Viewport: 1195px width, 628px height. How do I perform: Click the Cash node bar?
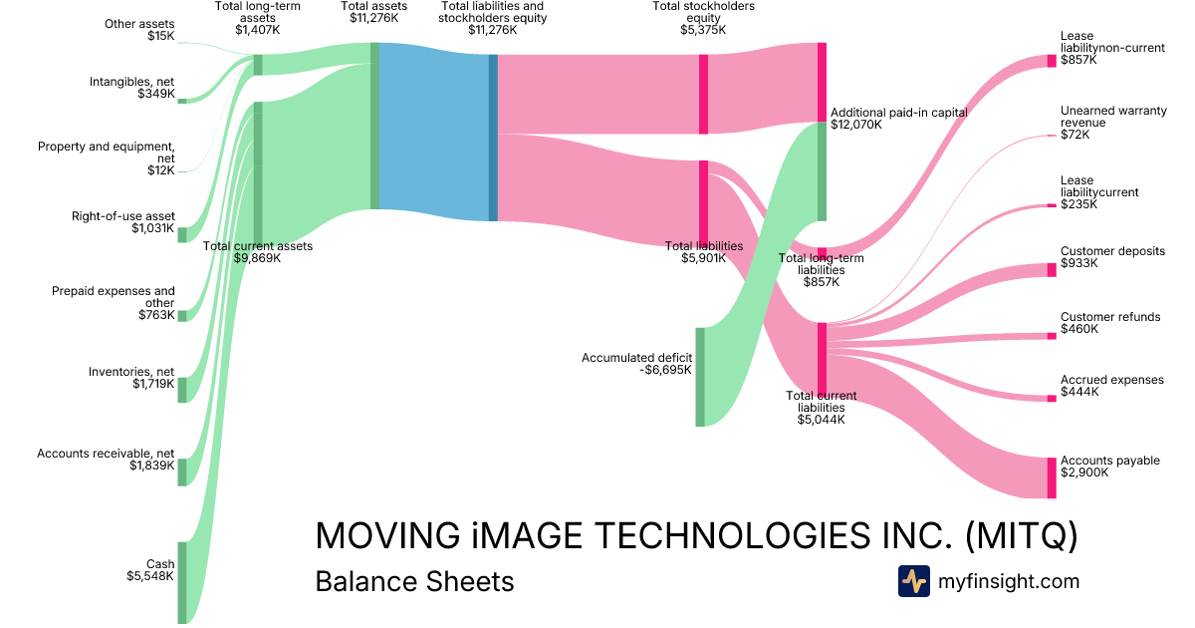pyautogui.click(x=182, y=582)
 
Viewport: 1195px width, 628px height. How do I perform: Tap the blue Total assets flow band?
pyautogui.click(x=433, y=127)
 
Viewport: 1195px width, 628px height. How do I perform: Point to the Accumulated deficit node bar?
pyautogui.click(x=700, y=377)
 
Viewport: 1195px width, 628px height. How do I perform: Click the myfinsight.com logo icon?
pyautogui.click(x=913, y=581)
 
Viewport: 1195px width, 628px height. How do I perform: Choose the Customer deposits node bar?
pyautogui.click(x=1052, y=270)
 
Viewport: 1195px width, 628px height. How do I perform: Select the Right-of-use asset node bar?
pyautogui.click(x=182, y=234)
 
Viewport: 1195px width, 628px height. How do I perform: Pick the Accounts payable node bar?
pyautogui.click(x=1052, y=477)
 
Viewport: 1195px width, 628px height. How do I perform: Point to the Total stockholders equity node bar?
pyautogui.click(x=703, y=94)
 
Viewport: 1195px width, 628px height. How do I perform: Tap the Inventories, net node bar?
pyautogui.click(x=182, y=390)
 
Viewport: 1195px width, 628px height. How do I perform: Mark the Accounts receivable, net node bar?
pyautogui.click(x=182, y=471)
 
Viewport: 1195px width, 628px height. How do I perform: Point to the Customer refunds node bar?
pyautogui.click(x=1052, y=336)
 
